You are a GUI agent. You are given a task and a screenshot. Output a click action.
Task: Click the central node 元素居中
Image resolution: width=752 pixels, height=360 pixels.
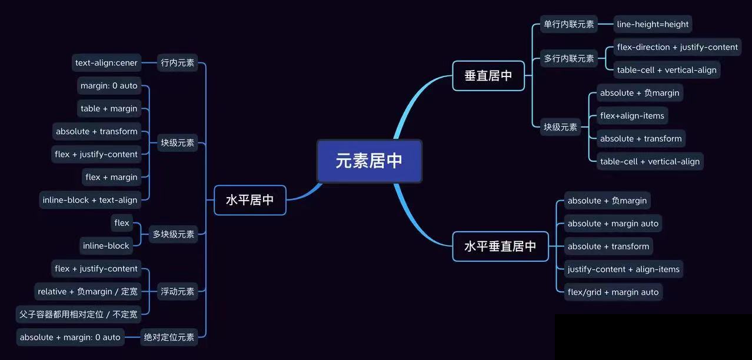click(x=369, y=161)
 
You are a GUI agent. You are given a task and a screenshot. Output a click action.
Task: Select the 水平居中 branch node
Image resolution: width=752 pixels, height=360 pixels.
click(x=250, y=200)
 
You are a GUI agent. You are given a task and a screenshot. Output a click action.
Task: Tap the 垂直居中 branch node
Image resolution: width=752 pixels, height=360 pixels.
click(x=488, y=76)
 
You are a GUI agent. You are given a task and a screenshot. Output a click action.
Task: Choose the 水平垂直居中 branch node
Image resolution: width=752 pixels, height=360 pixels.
click(x=500, y=246)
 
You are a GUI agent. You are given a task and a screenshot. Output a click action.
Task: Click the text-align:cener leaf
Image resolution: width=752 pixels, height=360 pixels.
click(x=107, y=63)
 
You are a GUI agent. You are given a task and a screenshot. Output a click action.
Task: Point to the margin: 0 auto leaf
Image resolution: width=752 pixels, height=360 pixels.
click(x=109, y=86)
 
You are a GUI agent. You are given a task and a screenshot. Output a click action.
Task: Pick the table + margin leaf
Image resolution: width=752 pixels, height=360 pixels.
click(x=109, y=109)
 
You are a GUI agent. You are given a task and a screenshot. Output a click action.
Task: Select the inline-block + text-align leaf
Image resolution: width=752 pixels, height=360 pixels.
click(x=90, y=200)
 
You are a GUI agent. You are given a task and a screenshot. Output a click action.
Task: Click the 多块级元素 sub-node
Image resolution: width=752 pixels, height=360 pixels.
click(x=174, y=234)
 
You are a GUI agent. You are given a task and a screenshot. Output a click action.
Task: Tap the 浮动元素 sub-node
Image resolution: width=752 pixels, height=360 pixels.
click(x=178, y=291)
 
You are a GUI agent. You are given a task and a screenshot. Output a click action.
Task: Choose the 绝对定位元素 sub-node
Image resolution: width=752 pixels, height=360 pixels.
click(x=169, y=337)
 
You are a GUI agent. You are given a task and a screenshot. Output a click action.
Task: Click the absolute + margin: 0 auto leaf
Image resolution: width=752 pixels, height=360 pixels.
click(x=70, y=337)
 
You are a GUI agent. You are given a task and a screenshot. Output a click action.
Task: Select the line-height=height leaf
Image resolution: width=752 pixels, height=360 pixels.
click(x=653, y=24)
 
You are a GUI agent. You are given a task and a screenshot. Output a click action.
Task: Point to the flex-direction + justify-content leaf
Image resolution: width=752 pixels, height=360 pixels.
click(x=677, y=47)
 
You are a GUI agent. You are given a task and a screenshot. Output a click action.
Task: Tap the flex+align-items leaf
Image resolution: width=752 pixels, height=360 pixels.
click(x=632, y=116)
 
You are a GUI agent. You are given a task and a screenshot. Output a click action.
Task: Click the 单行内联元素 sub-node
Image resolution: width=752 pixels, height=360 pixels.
click(x=569, y=24)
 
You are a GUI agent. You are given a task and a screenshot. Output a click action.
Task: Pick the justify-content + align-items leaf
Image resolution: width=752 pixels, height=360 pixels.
click(x=624, y=269)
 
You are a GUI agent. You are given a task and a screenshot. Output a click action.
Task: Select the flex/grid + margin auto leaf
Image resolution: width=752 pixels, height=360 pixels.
click(x=613, y=292)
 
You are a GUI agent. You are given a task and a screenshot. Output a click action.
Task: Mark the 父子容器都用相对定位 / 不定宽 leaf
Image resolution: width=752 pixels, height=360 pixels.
click(x=78, y=314)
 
